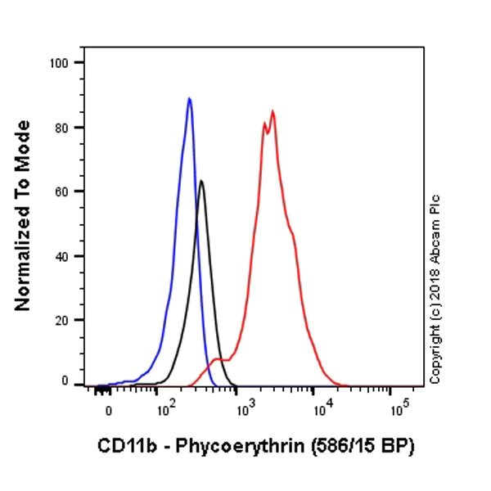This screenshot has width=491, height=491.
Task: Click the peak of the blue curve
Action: (x=189, y=99)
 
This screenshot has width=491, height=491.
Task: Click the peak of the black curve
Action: (x=201, y=182)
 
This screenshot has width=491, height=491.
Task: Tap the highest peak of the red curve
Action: (x=273, y=112)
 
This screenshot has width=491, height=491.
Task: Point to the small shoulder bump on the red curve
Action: (x=217, y=359)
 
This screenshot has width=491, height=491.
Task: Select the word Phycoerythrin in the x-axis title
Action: (x=233, y=447)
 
